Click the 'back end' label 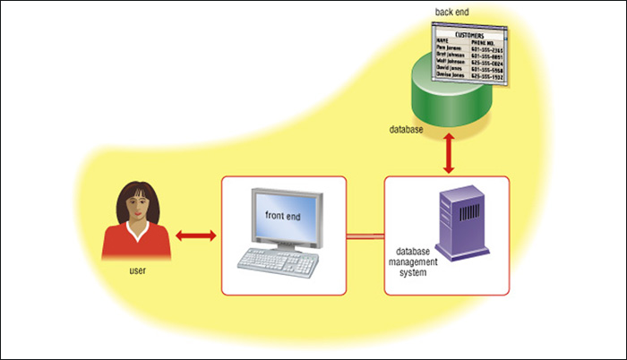pos(451,12)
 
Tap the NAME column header pos(442,40)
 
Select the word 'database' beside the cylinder pos(406,130)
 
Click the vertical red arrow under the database pos(447,156)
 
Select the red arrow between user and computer pos(196,236)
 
